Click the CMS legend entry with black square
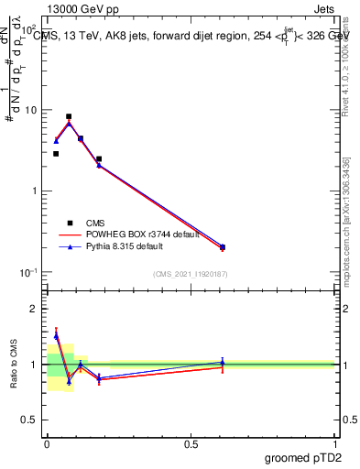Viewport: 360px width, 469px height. [94, 223]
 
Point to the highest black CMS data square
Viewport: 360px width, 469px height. [69, 117]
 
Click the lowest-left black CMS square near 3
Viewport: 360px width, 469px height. [56, 154]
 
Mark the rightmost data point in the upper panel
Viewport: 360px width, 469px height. [223, 247]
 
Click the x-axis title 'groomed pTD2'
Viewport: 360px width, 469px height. [304, 458]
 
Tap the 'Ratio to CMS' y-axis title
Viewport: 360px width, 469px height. [14, 365]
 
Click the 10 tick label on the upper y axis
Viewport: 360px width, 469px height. [32, 111]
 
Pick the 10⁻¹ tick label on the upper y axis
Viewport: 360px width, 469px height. [30, 272]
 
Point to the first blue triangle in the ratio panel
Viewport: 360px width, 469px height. [56, 336]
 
